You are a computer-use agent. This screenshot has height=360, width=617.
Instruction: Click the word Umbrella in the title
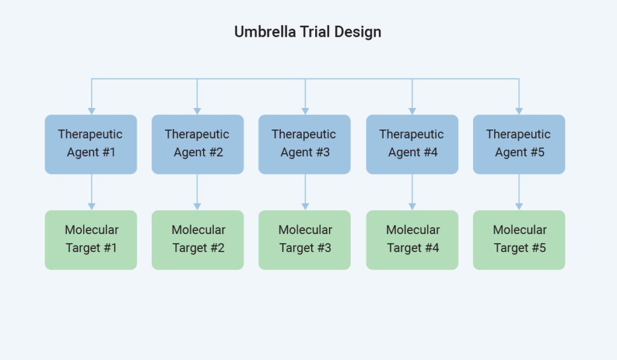coord(265,32)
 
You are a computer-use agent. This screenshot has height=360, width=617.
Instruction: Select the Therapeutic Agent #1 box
coord(91,144)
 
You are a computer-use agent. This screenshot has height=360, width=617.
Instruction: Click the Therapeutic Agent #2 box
coord(198,144)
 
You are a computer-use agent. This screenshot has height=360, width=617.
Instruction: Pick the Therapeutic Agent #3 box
coord(304,144)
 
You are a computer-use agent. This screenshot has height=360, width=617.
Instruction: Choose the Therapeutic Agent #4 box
coord(412,144)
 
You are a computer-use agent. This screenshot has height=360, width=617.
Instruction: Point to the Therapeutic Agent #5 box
coord(519,144)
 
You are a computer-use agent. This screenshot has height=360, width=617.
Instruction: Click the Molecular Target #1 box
coord(91,240)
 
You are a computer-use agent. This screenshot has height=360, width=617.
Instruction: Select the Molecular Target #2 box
coord(198,240)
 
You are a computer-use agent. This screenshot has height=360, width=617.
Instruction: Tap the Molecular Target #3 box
coord(304,240)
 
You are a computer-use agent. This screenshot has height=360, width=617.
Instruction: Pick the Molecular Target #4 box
coord(412,240)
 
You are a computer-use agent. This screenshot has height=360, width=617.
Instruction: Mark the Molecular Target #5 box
coord(519,240)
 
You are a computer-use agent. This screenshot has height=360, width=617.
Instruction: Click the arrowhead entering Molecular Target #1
coord(92,207)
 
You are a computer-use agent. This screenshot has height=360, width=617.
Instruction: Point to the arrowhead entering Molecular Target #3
coord(305,207)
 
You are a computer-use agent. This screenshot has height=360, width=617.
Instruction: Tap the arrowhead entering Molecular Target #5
coord(519,207)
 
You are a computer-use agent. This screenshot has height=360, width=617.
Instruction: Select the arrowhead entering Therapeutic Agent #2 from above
coord(197,111)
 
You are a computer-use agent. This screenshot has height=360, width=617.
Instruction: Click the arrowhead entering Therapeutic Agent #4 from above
coord(412,111)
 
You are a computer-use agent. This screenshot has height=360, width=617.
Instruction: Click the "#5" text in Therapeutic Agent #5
coord(537,152)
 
